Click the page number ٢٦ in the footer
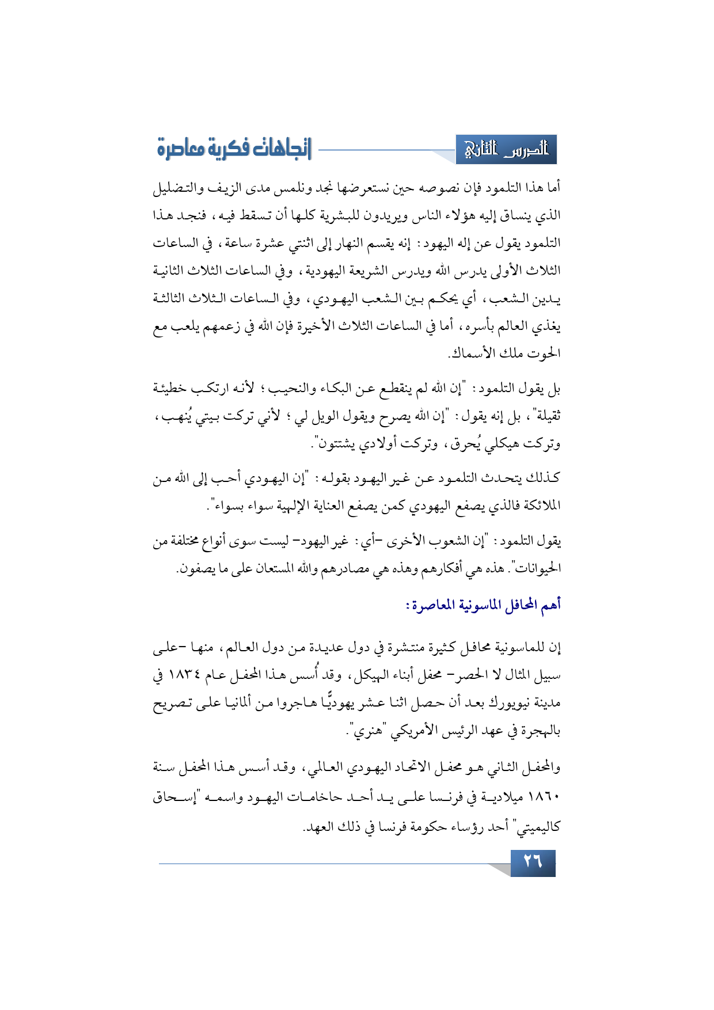click(533, 862)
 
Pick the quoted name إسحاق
click(176, 798)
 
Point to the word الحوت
click(544, 353)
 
